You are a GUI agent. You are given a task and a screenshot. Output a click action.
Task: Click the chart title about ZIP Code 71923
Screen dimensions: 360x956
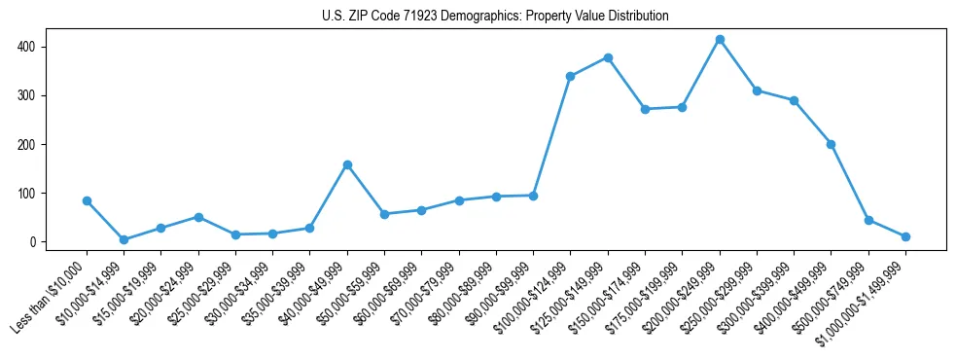pyautogui.click(x=495, y=17)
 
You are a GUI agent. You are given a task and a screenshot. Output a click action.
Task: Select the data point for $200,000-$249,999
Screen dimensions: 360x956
pyautogui.click(x=720, y=40)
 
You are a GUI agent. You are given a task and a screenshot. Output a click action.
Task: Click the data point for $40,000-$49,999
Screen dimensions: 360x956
pyautogui.click(x=347, y=165)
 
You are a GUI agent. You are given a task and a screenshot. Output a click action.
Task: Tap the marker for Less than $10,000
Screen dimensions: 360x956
pyautogui.click(x=87, y=201)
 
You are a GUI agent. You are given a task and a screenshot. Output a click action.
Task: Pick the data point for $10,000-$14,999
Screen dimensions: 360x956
pyautogui.click(x=124, y=239)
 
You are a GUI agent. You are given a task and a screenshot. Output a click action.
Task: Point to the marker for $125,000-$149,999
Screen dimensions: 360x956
pyautogui.click(x=608, y=57)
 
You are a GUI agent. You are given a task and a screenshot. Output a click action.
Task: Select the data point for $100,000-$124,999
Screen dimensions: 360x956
pyautogui.click(x=571, y=76)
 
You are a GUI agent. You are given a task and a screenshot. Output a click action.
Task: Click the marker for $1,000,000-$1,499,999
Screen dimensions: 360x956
pyautogui.click(x=905, y=236)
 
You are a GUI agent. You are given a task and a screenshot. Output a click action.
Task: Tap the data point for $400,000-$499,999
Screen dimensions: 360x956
pyautogui.click(x=831, y=144)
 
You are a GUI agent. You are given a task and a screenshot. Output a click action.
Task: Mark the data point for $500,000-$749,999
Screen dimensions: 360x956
pyautogui.click(x=868, y=220)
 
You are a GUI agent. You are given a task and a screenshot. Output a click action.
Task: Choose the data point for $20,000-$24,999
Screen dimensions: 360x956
pyautogui.click(x=198, y=217)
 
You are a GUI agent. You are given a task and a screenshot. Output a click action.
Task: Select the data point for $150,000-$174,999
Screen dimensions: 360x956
pyautogui.click(x=646, y=109)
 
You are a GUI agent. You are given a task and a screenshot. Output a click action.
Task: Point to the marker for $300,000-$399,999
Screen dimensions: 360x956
pyautogui.click(x=794, y=100)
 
